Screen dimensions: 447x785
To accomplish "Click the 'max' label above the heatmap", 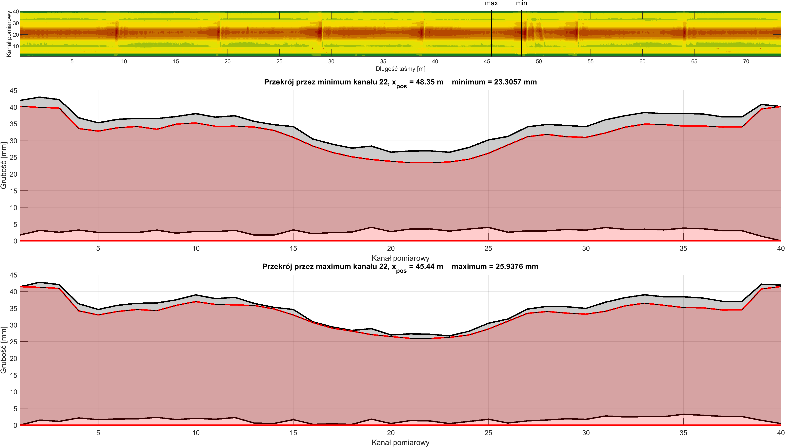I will click(x=491, y=3).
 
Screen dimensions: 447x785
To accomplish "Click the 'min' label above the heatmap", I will click(x=521, y=3).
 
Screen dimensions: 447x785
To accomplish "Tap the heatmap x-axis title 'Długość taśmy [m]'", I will click(x=400, y=69).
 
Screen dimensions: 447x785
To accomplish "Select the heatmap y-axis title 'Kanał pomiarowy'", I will click(x=9, y=34).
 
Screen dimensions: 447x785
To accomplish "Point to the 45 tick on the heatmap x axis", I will click(x=487, y=61).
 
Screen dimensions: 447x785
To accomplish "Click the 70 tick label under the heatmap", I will click(x=746, y=61).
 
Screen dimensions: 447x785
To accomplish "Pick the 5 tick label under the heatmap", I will click(x=72, y=61).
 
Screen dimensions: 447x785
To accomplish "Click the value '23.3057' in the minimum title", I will click(x=507, y=82).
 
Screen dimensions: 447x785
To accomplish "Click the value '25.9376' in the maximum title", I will click(x=509, y=266).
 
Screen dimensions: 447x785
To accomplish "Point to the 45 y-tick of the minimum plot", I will click(x=13, y=91).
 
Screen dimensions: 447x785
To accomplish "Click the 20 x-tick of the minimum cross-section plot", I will click(x=391, y=248).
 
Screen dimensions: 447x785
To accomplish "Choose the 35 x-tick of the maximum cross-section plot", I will click(x=683, y=433).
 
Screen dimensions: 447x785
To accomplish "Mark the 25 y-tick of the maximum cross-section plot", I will click(x=13, y=342).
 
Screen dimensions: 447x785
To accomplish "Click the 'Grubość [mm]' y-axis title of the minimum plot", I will click(x=4, y=166).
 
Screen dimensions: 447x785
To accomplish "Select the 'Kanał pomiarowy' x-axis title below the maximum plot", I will click(x=400, y=442).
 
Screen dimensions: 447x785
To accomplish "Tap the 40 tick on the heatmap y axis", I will click(x=16, y=12).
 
